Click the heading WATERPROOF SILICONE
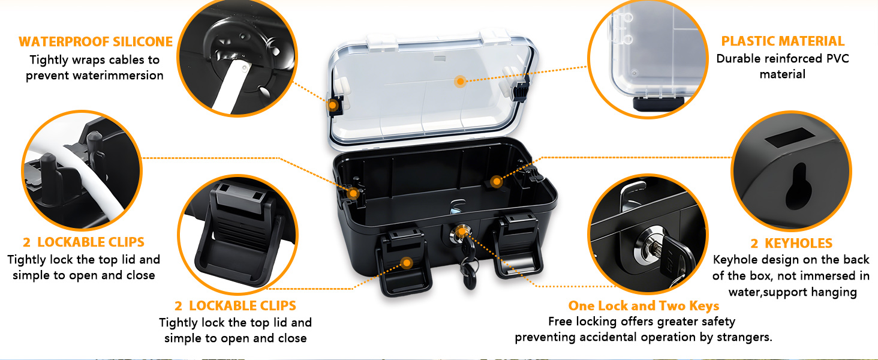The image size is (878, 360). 95,42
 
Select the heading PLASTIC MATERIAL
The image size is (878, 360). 783,41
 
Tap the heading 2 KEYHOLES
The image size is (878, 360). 791,243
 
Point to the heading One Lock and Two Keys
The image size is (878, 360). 644,306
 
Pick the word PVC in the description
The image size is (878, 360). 837,59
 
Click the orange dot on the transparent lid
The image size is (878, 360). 460,81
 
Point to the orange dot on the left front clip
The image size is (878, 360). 407,263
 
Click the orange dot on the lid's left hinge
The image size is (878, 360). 333,106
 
